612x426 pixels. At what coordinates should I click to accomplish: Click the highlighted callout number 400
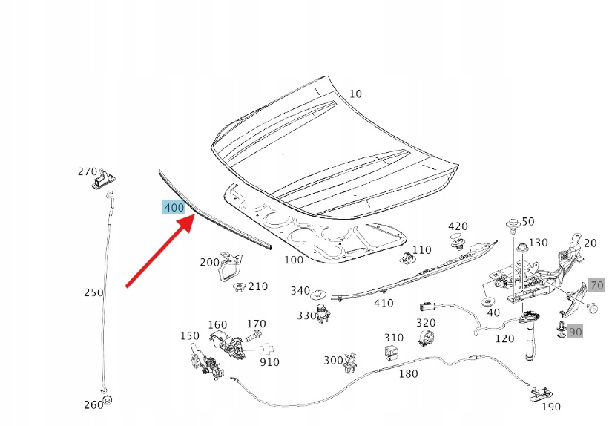click(x=174, y=207)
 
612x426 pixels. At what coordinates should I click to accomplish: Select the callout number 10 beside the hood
click(x=355, y=94)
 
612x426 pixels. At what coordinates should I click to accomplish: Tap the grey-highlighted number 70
click(x=596, y=284)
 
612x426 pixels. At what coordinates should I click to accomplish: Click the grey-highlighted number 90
click(x=575, y=331)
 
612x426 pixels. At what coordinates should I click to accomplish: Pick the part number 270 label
click(x=88, y=171)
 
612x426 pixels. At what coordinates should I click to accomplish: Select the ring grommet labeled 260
click(x=107, y=402)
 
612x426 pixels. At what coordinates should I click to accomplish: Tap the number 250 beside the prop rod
click(x=93, y=292)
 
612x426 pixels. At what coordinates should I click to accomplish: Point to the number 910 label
click(x=269, y=362)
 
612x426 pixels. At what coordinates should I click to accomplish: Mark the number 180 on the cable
click(x=408, y=373)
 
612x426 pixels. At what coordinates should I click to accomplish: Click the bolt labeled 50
click(x=513, y=226)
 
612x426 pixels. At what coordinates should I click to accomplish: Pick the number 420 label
click(x=458, y=226)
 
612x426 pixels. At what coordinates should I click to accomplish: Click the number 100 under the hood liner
click(x=294, y=260)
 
